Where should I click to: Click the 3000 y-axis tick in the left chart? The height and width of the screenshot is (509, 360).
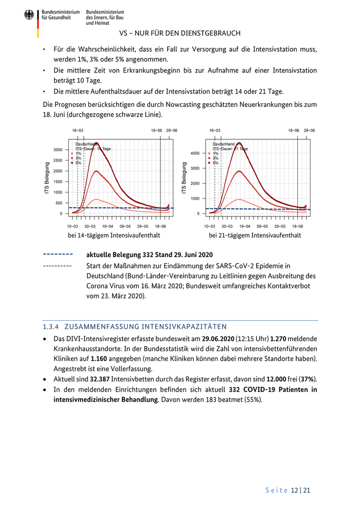pos(58,150)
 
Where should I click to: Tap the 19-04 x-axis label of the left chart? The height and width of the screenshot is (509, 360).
pos(107,226)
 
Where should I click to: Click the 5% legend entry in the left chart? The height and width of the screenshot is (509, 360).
pos(78,162)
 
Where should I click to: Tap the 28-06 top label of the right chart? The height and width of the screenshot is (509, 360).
pos(309,131)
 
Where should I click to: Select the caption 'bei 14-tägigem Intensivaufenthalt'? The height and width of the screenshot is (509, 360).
pos(114,235)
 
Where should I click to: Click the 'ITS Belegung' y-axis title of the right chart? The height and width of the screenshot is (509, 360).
pos(184,179)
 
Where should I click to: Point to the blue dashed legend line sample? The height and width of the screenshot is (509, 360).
pos(58,254)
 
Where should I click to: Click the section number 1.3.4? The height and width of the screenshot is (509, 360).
pos(52,326)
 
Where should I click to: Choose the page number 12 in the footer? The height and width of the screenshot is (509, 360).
pos(295,490)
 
